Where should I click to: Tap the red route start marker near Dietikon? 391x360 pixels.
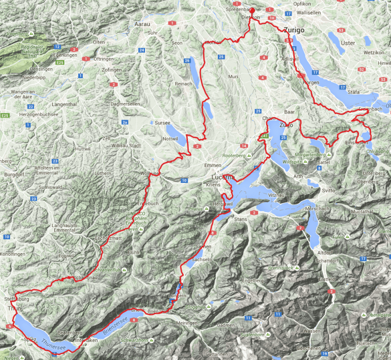point(252,11)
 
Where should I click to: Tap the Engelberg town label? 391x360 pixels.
point(252,280)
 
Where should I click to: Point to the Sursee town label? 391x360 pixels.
point(162,122)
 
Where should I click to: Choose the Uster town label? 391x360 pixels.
point(348,42)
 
